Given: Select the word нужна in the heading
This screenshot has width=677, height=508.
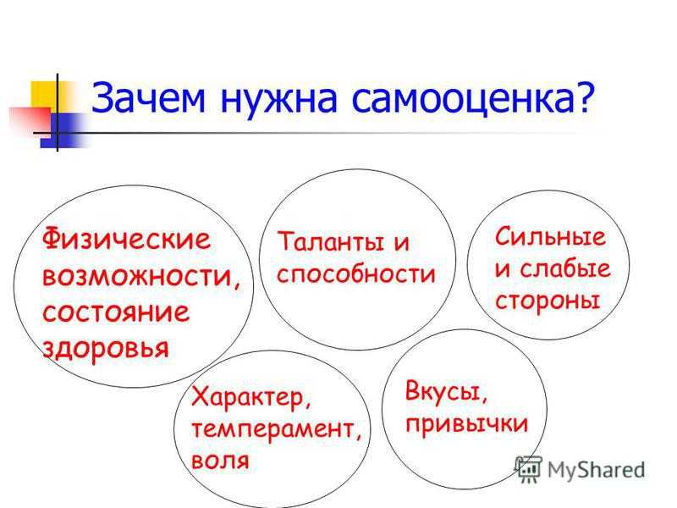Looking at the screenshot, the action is point(278,99).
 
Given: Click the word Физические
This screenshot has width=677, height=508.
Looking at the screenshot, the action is point(126,238).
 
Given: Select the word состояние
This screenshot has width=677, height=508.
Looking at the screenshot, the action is point(116,312).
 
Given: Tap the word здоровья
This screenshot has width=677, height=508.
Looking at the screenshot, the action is point(105,348).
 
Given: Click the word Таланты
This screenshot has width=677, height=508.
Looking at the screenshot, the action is point(330,241).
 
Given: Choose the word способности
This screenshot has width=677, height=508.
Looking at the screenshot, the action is point(355,274).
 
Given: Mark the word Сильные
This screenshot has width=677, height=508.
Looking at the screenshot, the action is point(551,237).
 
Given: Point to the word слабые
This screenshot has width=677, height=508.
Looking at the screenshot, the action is point(564,268).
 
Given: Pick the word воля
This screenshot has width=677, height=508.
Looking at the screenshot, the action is point(220,461).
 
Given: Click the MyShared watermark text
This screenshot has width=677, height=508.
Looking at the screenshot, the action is point(597,470).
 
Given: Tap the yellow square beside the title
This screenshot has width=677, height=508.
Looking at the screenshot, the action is point(44,94).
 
